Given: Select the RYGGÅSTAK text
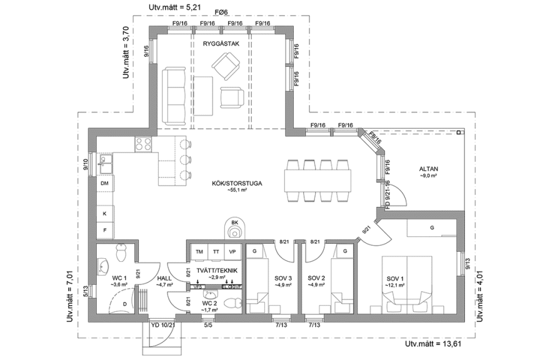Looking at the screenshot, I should (x=217, y=44).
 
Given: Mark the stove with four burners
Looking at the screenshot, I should (x=143, y=144).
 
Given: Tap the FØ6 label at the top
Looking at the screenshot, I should (x=221, y=12).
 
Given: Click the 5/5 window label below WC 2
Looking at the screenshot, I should (x=207, y=325).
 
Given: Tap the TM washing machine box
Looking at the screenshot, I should (x=199, y=252).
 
